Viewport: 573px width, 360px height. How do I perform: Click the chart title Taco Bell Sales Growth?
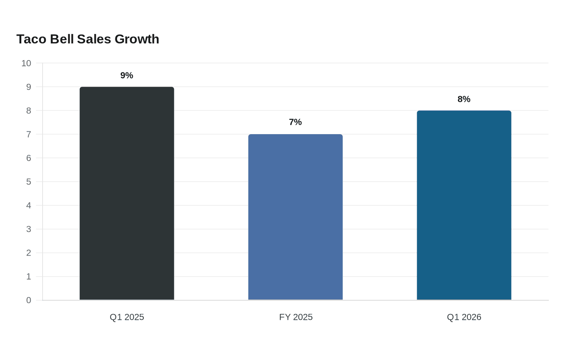pyautogui.click(x=88, y=39)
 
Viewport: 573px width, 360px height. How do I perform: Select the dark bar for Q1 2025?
pyautogui.click(x=127, y=193)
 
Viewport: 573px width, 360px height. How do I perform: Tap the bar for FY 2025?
pyautogui.click(x=296, y=217)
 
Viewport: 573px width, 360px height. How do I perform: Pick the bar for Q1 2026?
pyautogui.click(x=464, y=205)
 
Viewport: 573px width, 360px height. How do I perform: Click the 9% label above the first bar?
pyautogui.click(x=127, y=75)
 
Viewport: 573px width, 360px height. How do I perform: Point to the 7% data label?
pyautogui.click(x=296, y=122)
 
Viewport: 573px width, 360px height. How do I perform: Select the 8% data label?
pyautogui.click(x=464, y=99)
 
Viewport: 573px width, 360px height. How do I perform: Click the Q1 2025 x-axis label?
pyautogui.click(x=127, y=317)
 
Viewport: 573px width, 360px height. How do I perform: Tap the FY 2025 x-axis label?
pyautogui.click(x=296, y=317)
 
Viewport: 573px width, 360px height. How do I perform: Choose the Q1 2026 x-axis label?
pyautogui.click(x=464, y=317)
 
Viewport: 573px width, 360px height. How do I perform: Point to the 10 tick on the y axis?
pyautogui.click(x=26, y=63)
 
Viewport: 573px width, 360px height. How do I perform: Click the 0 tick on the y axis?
pyautogui.click(x=29, y=300)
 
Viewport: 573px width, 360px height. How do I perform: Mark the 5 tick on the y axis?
pyautogui.click(x=29, y=182)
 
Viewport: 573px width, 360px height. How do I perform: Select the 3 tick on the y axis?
pyautogui.click(x=29, y=229)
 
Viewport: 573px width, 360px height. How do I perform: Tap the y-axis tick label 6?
pyautogui.click(x=29, y=158)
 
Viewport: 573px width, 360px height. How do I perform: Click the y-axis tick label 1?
pyautogui.click(x=29, y=277)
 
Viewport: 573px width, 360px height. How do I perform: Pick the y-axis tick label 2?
pyautogui.click(x=29, y=253)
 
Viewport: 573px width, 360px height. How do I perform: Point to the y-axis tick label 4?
pyautogui.click(x=29, y=205)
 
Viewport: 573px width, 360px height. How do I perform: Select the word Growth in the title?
pyautogui.click(x=137, y=39)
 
